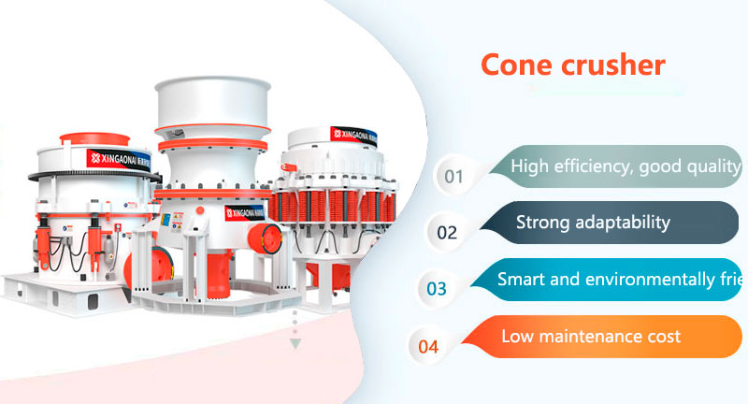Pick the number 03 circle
437,288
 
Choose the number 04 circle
428,346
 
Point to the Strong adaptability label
593,223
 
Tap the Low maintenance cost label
591,336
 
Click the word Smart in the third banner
520,279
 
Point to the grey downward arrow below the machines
295,343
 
